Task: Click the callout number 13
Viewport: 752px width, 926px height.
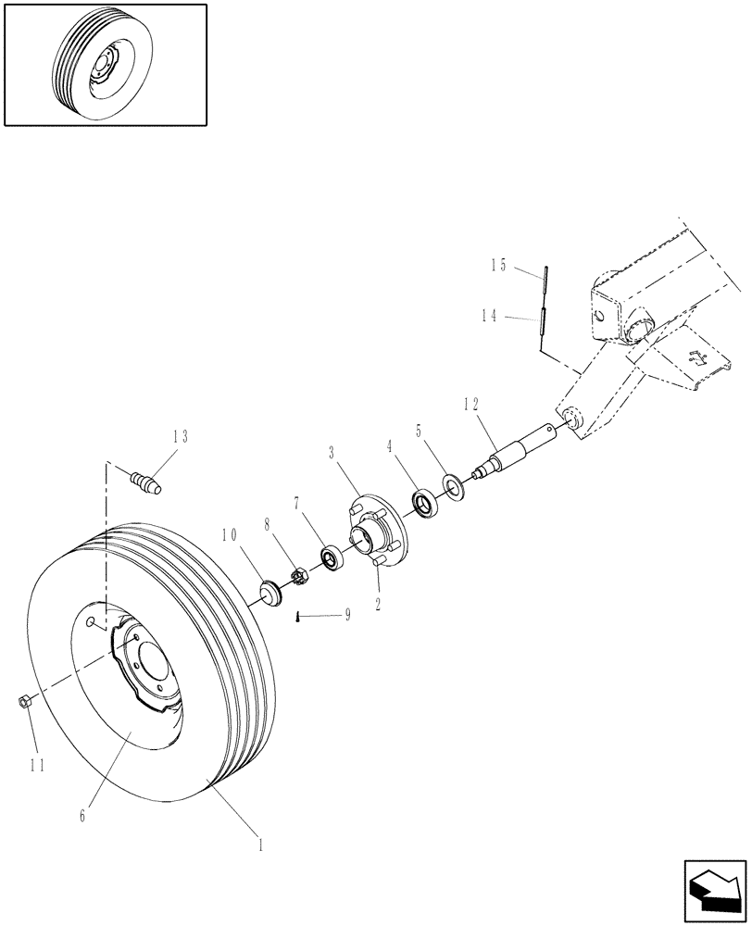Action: click(x=180, y=436)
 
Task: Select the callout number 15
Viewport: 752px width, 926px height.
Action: click(x=499, y=266)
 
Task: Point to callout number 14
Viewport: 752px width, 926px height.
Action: click(x=490, y=317)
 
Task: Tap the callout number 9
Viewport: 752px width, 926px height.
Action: click(x=347, y=614)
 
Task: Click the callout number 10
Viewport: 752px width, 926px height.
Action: click(x=230, y=535)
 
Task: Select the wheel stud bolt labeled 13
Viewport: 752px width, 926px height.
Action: click(x=147, y=482)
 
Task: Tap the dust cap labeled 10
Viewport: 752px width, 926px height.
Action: click(x=271, y=591)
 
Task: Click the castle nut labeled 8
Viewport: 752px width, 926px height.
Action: click(x=301, y=577)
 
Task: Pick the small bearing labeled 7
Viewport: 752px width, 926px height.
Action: click(x=331, y=557)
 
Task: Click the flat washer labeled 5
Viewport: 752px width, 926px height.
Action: click(x=454, y=485)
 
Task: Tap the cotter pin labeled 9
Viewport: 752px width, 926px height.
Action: click(x=296, y=618)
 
